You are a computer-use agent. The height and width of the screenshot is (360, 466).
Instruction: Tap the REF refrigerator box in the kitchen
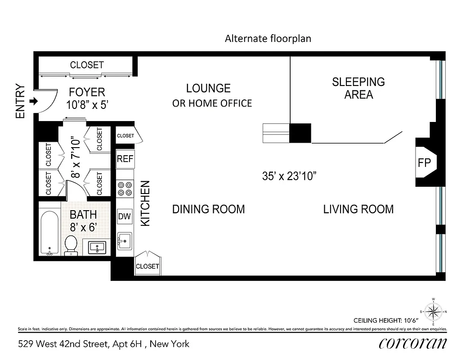pyautogui.click(x=125, y=158)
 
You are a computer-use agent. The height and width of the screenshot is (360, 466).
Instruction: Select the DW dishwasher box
pyautogui.click(x=125, y=216)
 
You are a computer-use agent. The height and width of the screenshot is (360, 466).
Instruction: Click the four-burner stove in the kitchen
pyautogui.click(x=125, y=188)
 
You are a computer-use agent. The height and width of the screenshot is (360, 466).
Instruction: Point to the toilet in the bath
pyautogui.click(x=71, y=245)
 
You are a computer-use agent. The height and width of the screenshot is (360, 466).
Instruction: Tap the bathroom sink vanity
pyautogui.click(x=97, y=247)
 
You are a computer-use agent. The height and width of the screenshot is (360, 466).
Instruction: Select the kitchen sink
pyautogui.click(x=125, y=240)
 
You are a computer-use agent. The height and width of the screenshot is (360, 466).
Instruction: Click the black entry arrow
pyautogui.click(x=33, y=102)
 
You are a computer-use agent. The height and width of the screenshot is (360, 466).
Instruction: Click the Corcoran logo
pyautogui.click(x=412, y=343)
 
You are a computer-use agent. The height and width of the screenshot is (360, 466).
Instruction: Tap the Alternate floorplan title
pyautogui.click(x=268, y=39)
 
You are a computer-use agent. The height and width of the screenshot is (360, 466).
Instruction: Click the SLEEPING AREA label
pyautogui.click(x=358, y=88)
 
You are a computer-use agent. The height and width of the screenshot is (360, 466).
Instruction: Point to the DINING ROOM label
pyautogui.click(x=208, y=209)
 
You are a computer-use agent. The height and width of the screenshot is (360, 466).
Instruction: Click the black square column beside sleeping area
pyautogui.click(x=300, y=133)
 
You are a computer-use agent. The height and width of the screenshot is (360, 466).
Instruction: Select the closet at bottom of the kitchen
pyautogui.click(x=148, y=265)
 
